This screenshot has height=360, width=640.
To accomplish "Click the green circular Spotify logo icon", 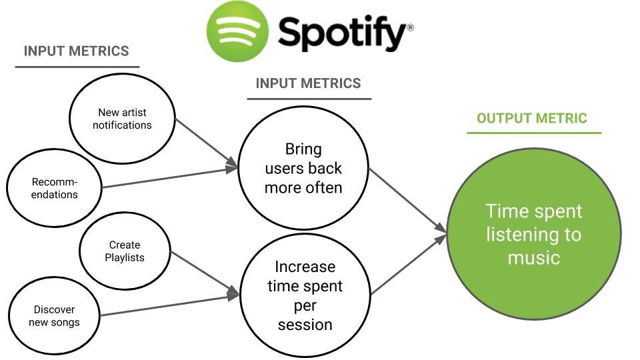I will click(237, 31).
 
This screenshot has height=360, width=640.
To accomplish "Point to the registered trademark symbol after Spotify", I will click(410, 27).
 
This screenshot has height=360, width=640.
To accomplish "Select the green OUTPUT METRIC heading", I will click(531, 119).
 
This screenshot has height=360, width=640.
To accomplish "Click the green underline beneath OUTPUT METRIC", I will click(533, 133).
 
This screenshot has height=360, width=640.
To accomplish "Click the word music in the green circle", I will click(533, 257).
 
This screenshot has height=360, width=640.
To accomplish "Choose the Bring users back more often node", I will click(303, 168).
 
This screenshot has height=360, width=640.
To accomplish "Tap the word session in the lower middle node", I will click(305, 325).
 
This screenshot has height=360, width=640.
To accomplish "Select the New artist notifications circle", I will click(122, 119).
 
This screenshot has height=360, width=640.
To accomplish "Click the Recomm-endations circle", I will click(55, 188).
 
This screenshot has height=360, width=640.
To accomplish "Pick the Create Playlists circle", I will click(125, 251).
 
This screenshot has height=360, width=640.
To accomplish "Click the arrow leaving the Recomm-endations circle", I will click(170, 178).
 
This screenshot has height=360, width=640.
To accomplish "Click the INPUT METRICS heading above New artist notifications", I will click(76, 51).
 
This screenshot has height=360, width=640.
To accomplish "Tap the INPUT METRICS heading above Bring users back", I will click(308, 83).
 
